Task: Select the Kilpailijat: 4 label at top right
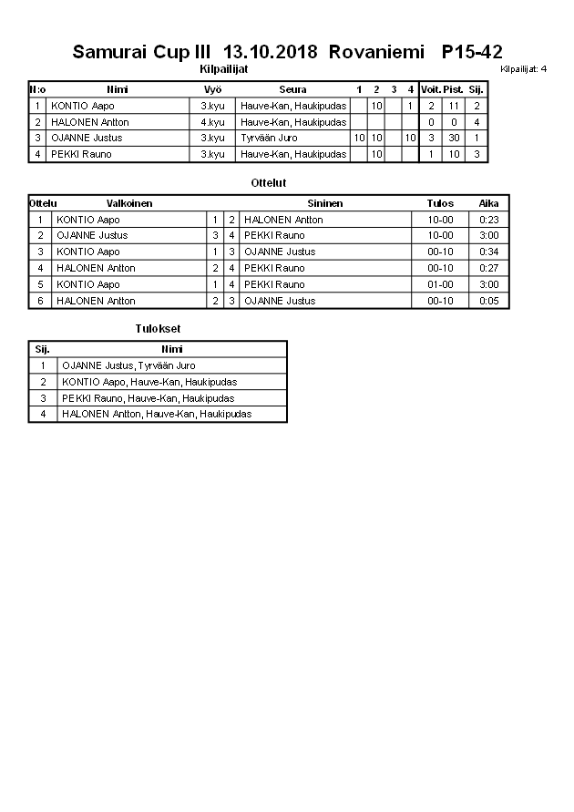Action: point(524,69)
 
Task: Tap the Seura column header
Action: point(293,89)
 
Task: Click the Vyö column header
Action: point(212,89)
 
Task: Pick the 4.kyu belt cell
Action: point(212,122)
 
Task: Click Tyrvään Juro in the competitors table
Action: point(269,139)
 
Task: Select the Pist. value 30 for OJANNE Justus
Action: point(454,139)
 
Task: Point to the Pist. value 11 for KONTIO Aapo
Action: point(454,106)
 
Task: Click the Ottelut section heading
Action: point(269,183)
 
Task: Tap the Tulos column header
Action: point(440,203)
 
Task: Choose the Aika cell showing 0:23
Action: point(489,220)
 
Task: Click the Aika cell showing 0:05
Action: point(489,301)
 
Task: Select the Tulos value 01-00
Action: point(440,284)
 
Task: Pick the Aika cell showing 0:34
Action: point(489,252)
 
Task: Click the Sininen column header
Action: point(324,203)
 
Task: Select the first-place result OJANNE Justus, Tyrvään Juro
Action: point(128,365)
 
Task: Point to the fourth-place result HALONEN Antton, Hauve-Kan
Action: point(157,414)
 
